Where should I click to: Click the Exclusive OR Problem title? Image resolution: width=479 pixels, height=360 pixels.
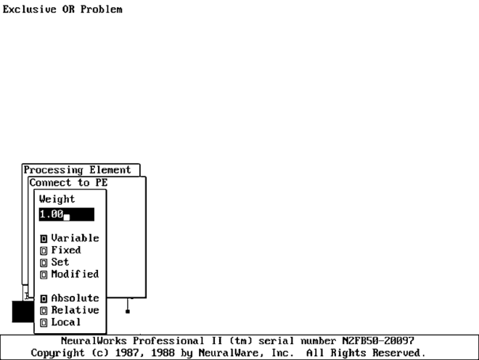point(62,9)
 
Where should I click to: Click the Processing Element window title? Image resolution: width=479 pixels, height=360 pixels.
point(78,170)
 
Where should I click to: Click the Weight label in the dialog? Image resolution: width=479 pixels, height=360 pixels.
point(57,199)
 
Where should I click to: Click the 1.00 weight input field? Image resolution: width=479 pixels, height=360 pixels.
point(66,214)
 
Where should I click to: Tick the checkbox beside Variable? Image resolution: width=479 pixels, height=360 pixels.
point(44,238)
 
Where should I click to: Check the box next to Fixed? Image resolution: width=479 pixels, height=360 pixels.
point(44,250)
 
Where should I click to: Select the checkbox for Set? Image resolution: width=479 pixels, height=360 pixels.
point(44,262)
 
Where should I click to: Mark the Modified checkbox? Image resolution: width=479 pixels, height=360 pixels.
point(44,274)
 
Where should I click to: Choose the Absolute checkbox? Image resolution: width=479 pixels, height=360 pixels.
point(44,298)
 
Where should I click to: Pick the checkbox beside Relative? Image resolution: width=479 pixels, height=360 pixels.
point(44,310)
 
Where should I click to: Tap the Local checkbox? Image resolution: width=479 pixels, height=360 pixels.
point(44,322)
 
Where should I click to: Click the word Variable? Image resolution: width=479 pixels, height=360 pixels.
point(75,238)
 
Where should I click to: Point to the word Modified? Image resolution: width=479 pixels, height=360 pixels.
point(75,274)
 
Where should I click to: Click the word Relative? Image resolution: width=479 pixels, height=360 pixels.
point(75,310)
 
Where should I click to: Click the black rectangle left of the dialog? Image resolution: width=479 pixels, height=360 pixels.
point(22,311)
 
